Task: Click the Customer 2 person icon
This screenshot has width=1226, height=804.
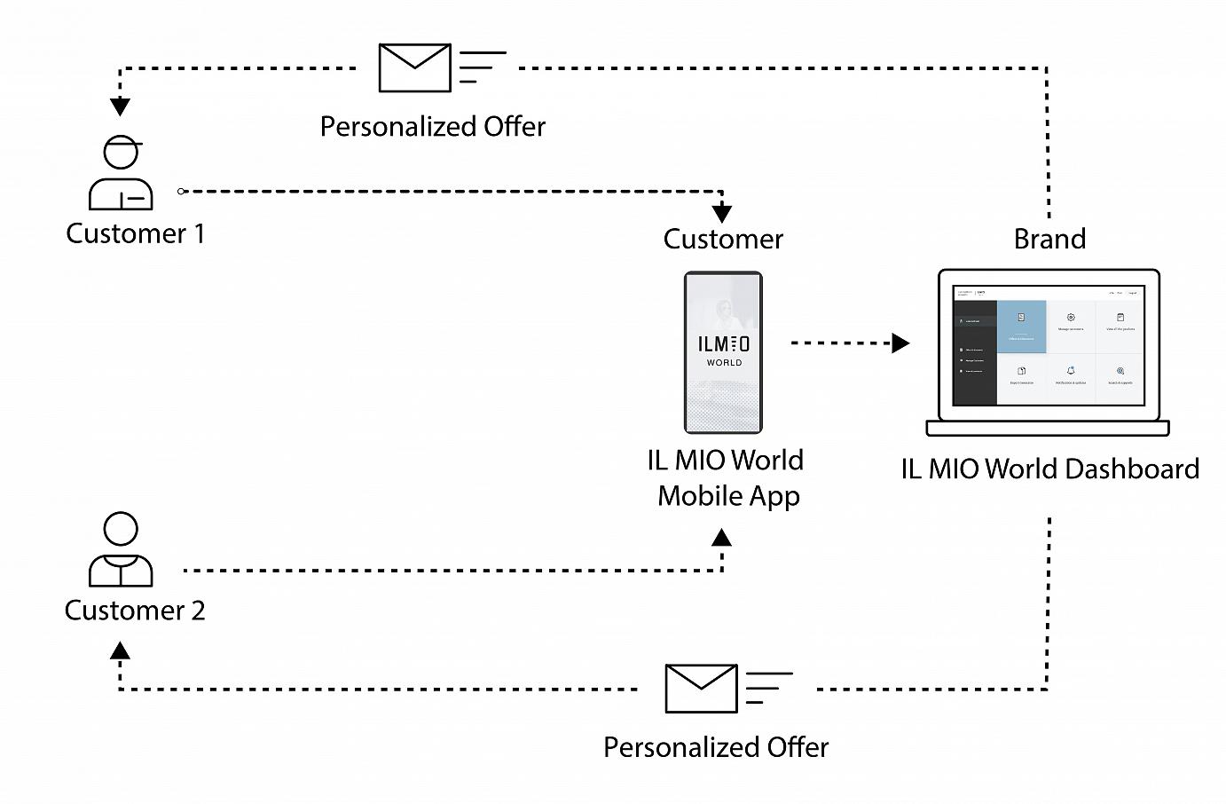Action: tap(121, 550)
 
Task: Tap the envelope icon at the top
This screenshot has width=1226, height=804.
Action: tap(414, 67)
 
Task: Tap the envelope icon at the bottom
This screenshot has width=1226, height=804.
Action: tap(701, 688)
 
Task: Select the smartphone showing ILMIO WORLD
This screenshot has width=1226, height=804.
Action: tap(723, 352)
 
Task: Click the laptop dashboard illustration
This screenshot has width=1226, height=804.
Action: tap(1048, 352)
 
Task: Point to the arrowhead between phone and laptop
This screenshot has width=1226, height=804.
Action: tap(900, 343)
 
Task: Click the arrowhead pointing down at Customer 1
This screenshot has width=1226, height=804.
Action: tap(121, 107)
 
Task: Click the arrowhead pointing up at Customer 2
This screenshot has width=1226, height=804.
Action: tap(121, 651)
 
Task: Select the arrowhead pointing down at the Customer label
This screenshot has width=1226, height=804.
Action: tap(722, 213)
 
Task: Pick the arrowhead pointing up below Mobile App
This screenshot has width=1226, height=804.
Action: tap(722, 538)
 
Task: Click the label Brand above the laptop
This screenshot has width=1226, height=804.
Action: tap(1049, 239)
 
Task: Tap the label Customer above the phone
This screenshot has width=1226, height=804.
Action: tap(723, 239)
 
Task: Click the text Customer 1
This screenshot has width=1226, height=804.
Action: tap(135, 233)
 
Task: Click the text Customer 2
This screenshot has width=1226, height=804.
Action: tap(135, 611)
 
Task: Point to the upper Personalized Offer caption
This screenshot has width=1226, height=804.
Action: tap(433, 127)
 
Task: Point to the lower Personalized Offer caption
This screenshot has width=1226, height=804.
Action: tap(716, 747)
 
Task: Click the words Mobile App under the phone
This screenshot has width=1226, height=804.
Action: tap(728, 496)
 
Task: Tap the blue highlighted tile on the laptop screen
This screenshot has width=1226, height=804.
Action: tap(1021, 327)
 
